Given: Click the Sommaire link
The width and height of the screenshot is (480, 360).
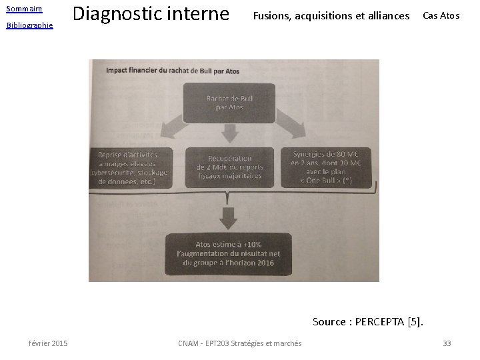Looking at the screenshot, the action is (24, 9).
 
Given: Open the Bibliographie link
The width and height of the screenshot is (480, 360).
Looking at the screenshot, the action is (29, 25).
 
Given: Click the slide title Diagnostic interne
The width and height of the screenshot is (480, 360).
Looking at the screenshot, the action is (150, 13).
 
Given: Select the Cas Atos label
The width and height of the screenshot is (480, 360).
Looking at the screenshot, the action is (441, 15).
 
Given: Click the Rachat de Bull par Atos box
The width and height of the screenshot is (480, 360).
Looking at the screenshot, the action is (230, 103).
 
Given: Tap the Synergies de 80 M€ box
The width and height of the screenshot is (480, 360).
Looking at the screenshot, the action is (327, 164).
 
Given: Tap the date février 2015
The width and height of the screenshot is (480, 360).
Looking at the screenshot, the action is (48, 343).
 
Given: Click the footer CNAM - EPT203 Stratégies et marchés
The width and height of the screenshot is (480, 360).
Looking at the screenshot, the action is (240, 343).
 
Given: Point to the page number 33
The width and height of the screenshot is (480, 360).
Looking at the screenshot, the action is (447, 343).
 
